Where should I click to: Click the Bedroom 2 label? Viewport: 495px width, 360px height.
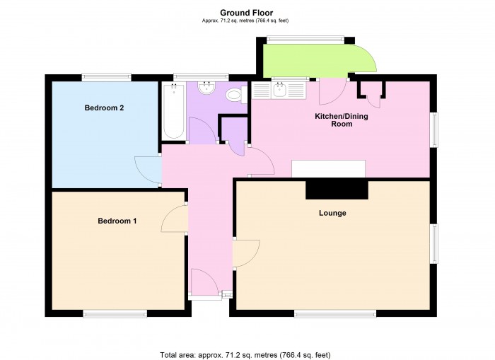105,108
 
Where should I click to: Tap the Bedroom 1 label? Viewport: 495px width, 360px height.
117,221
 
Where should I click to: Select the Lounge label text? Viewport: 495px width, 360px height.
332,213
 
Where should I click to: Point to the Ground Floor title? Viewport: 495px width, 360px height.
247,12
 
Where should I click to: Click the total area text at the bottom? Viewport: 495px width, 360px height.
245,354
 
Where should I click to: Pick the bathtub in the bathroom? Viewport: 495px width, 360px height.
173,111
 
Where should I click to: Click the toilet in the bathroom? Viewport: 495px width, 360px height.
234,95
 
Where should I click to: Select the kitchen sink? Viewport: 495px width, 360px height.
279,89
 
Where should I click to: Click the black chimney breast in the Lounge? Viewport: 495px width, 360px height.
337,190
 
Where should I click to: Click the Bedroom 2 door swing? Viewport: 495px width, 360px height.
147,170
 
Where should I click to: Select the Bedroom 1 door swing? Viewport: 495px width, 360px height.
173,219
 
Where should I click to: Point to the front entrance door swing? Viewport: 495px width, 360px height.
204,283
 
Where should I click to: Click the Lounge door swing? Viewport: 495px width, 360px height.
244,254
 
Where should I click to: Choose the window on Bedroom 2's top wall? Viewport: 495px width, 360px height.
106,76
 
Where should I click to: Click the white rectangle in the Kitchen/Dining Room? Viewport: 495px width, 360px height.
329,168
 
